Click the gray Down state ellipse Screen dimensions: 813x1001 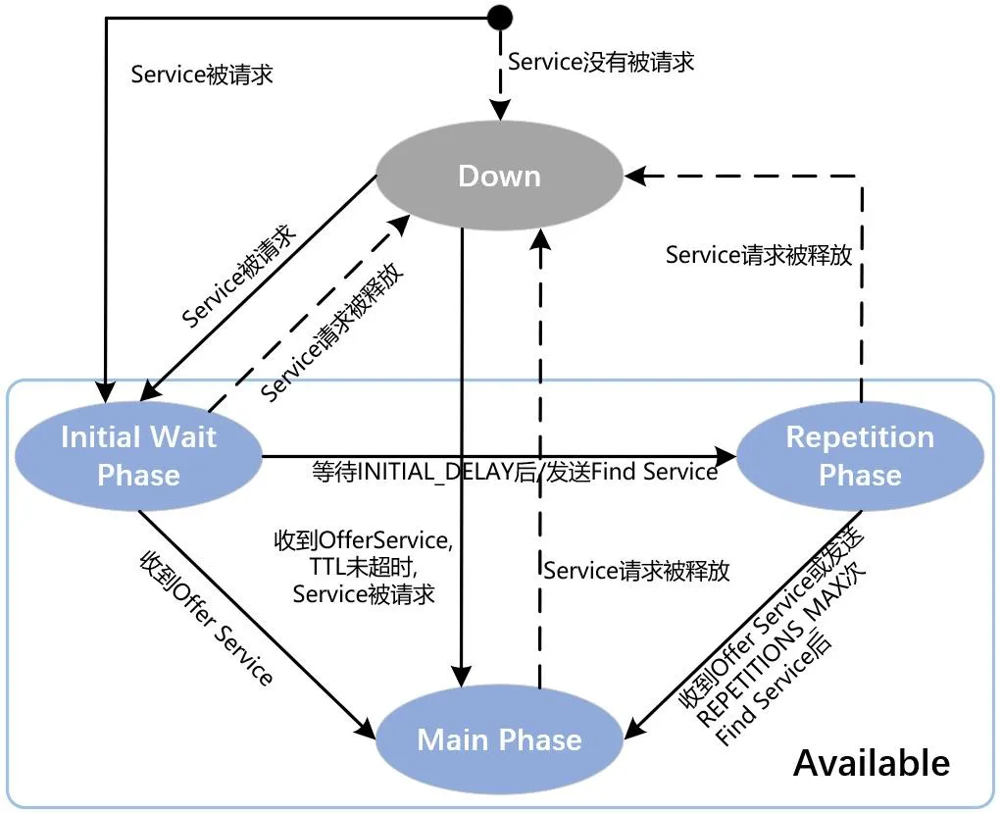[500, 177]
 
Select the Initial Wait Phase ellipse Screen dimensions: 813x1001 [138, 456]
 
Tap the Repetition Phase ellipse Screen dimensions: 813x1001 [860, 456]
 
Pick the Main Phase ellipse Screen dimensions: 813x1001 [500, 739]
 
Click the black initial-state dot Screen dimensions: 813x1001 [500, 18]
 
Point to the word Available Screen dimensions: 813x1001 [871, 762]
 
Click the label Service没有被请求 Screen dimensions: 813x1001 [601, 61]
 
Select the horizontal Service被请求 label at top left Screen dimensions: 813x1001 [202, 75]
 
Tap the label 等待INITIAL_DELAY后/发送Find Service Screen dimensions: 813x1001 [515, 472]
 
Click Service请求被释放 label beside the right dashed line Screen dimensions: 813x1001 [758, 255]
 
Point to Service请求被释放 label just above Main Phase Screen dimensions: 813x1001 [636, 571]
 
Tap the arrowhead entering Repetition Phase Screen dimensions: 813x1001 [726, 456]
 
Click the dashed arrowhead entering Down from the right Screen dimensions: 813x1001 [636, 177]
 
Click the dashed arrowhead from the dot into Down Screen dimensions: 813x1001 [500, 111]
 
